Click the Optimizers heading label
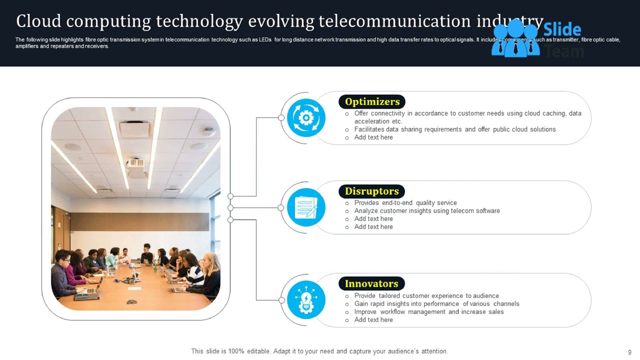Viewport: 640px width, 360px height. click(372, 102)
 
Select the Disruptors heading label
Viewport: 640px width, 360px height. click(371, 191)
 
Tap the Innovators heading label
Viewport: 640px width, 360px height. click(371, 284)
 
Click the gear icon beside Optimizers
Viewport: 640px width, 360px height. click(305, 118)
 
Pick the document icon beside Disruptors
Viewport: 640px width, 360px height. click(305, 207)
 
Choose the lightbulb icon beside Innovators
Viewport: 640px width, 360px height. click(305, 300)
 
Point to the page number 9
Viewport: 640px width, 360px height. click(629, 352)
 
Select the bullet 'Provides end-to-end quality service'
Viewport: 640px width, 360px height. click(405, 203)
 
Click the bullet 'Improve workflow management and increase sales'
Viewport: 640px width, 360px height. click(429, 312)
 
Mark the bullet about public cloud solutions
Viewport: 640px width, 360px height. click(455, 129)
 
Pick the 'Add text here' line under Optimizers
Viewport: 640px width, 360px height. click(373, 137)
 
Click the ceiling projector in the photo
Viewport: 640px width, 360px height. click(136, 164)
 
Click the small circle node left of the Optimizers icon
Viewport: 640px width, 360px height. click(281, 118)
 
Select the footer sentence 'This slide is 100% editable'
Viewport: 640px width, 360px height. click(319, 351)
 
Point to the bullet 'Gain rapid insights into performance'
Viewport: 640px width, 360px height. click(436, 304)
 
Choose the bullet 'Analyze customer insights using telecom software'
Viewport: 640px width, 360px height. click(427, 211)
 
